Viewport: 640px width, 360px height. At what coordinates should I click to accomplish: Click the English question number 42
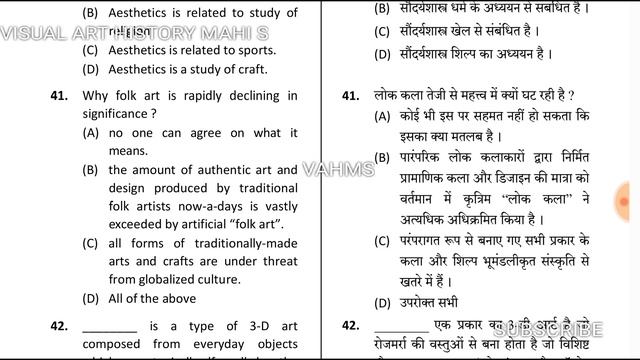[58, 326]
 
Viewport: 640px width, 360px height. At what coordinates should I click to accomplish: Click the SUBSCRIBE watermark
[545, 328]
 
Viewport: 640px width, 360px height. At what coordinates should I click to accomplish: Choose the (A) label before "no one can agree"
[91, 133]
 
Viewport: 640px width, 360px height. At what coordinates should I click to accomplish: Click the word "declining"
[257, 96]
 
